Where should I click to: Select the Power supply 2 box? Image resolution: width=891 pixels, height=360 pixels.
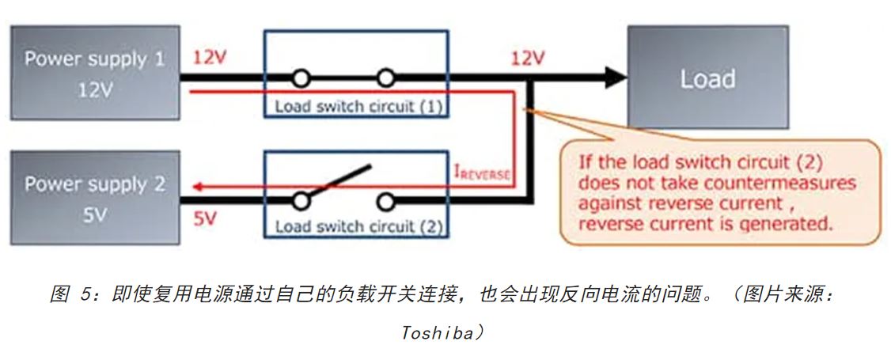pyautogui.click(x=94, y=198)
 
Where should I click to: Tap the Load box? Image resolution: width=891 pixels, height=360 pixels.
pyautogui.click(x=707, y=78)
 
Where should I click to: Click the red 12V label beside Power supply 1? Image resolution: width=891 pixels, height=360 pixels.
pyautogui.click(x=209, y=58)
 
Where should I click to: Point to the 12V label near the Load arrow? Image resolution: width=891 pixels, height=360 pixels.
pyautogui.click(x=527, y=58)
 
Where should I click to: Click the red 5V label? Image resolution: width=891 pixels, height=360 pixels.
pyautogui.click(x=205, y=218)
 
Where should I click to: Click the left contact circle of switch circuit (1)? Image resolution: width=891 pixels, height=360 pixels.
pyautogui.click(x=301, y=78)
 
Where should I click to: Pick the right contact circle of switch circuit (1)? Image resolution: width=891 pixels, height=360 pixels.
pyautogui.click(x=385, y=78)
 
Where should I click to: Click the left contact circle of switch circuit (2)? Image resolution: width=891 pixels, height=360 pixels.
pyautogui.click(x=301, y=201)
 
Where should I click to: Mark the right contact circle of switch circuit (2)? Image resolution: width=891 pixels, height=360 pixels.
pyautogui.click(x=385, y=201)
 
